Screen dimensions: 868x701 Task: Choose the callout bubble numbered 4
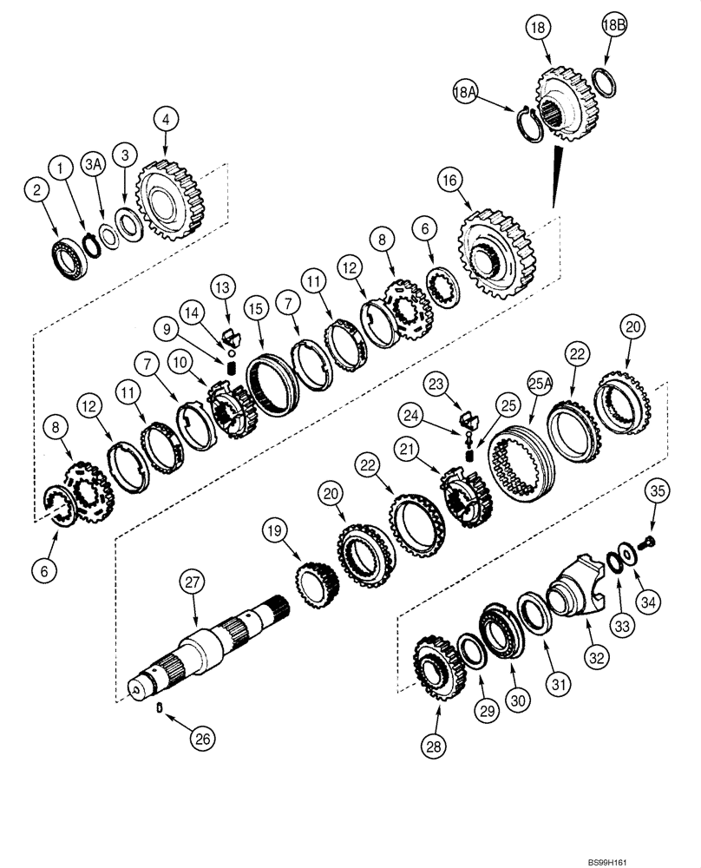click(x=167, y=118)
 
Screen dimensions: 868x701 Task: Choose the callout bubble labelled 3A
click(x=93, y=165)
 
